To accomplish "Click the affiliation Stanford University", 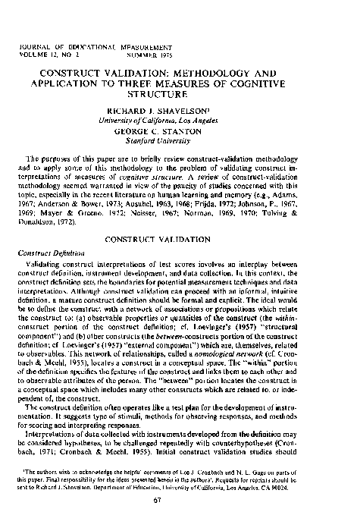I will click(179, 118).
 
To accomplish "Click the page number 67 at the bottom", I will click(180, 498).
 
